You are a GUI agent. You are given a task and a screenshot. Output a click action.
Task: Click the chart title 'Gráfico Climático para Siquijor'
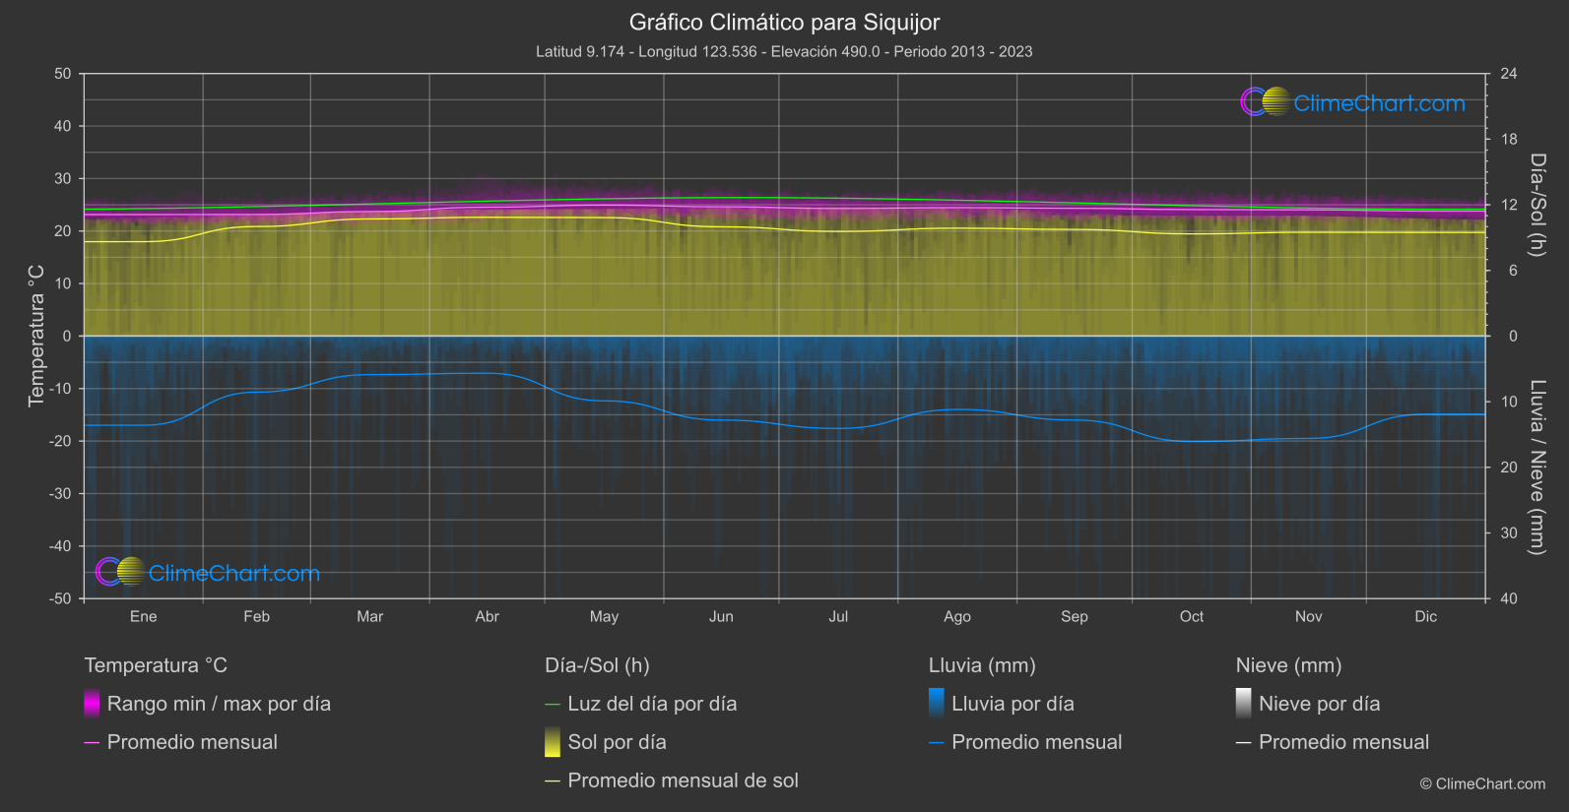coord(784,23)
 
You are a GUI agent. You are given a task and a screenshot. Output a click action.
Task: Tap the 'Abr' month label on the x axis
coord(487,617)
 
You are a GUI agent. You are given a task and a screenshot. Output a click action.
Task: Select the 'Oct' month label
coord(1191,617)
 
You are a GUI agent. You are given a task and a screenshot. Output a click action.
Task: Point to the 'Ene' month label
coord(143,617)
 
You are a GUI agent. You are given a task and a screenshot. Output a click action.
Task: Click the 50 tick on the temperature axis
coord(63,74)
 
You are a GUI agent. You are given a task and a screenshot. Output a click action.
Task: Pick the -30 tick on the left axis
coord(60,494)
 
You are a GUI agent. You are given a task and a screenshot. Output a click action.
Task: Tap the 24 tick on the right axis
coord(1508,74)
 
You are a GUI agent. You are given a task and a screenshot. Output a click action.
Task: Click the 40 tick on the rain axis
coord(1508,598)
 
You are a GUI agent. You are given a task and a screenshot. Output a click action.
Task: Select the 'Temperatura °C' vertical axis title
coord(36,336)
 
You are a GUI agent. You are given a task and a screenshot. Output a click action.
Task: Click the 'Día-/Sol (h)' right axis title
coord(1537,205)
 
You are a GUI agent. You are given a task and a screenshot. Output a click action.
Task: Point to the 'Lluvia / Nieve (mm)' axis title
coord(1537,468)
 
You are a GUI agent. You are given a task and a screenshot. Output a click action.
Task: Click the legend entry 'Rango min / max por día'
coord(219,704)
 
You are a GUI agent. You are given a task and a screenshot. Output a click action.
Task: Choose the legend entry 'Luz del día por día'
coord(651,704)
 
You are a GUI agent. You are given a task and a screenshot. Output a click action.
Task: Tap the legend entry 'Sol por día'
coord(617,742)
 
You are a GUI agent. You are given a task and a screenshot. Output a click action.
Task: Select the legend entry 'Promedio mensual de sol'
coord(683,781)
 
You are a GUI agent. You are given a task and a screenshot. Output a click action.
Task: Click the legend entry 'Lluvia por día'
coord(1013,704)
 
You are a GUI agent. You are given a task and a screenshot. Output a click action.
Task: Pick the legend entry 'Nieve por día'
coord(1319,704)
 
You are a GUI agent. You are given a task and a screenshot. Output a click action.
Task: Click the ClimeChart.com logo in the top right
coord(1352,102)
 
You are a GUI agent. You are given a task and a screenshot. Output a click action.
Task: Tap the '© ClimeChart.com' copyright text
coord(1482,784)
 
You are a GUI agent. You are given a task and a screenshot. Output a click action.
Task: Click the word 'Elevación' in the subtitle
coord(803,52)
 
